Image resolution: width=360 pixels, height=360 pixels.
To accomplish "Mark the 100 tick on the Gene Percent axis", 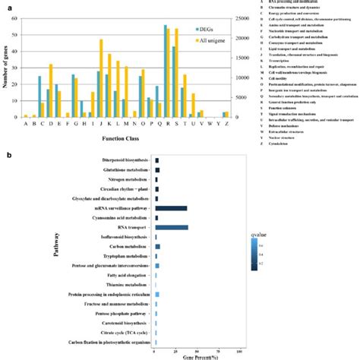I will (x=239, y=351).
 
